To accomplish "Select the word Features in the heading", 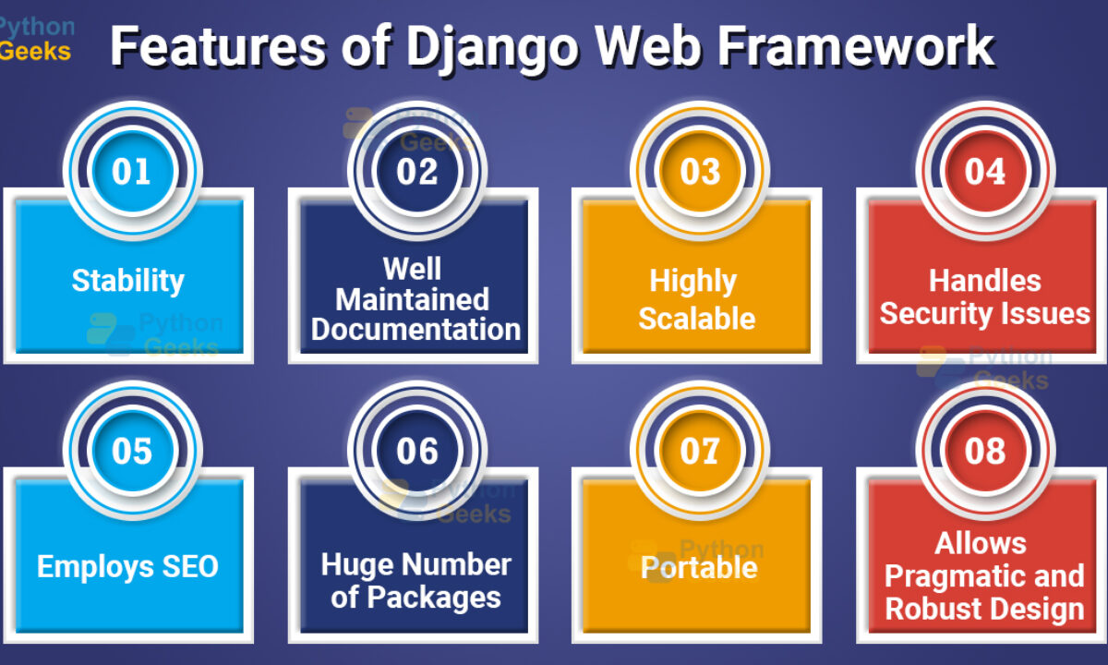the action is coord(218,45).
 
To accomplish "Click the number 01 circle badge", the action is coord(132,171).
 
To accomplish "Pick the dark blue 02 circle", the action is coord(417,171).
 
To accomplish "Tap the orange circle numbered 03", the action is coord(700,171).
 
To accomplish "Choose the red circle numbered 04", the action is coord(985,171).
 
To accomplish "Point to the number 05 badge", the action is coord(132,451).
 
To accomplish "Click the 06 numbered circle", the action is coord(417,451).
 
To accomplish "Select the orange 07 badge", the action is coord(700,451).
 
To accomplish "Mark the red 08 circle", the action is coord(985,451).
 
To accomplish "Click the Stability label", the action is coord(128,282).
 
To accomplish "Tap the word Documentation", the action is coord(416,330).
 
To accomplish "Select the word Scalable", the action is coord(697,318).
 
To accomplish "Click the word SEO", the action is coord(190,566).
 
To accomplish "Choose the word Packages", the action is coord(434,598).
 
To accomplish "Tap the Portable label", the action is coord(700,567).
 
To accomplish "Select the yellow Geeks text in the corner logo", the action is coord(35,51).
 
